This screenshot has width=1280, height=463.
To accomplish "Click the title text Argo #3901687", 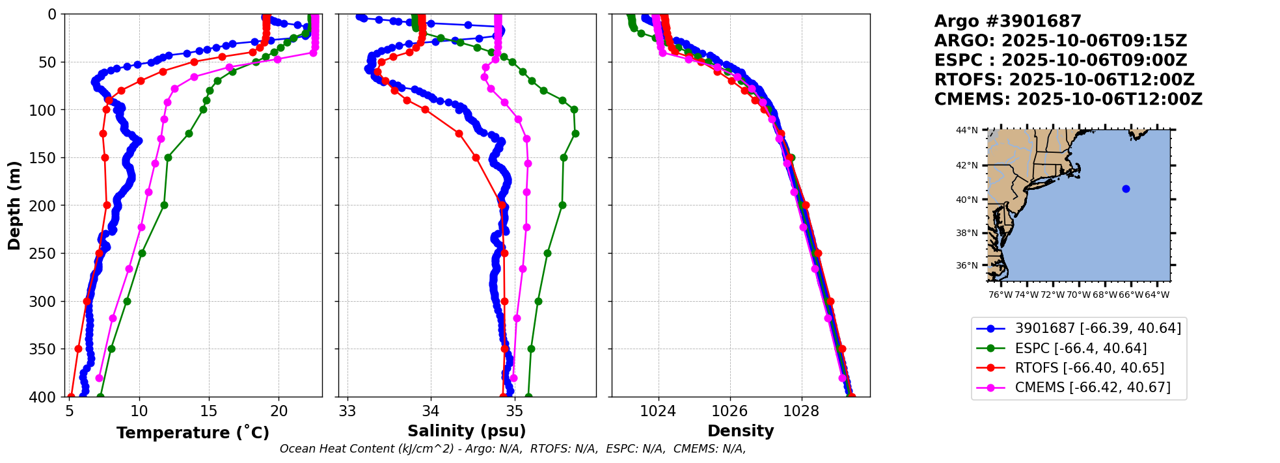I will click(x=1007, y=21).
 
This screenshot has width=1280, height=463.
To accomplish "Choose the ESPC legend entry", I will click(x=1080, y=349).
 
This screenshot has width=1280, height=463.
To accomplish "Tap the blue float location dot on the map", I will click(x=1126, y=189).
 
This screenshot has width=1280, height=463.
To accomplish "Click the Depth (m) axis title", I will click(x=14, y=205).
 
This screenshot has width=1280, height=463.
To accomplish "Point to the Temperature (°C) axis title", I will click(x=193, y=433).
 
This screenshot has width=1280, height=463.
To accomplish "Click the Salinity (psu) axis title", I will click(x=467, y=431).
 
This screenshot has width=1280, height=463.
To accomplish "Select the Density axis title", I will click(x=741, y=431).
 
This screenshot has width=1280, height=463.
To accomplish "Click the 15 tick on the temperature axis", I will click(x=209, y=412).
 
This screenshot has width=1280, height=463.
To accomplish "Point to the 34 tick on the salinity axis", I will click(x=431, y=412).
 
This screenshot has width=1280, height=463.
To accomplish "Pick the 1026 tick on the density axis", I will click(x=729, y=412).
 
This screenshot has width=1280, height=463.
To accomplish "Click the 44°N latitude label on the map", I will click(x=966, y=131).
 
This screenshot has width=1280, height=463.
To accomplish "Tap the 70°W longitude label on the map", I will click(x=1078, y=295).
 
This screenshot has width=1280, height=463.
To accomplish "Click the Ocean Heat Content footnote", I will click(x=513, y=449).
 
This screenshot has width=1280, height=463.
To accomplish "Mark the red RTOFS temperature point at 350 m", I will click(x=79, y=349).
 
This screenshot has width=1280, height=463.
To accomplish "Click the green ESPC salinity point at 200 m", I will click(x=562, y=205).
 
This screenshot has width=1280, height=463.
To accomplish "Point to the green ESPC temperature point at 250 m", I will click(x=142, y=253).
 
